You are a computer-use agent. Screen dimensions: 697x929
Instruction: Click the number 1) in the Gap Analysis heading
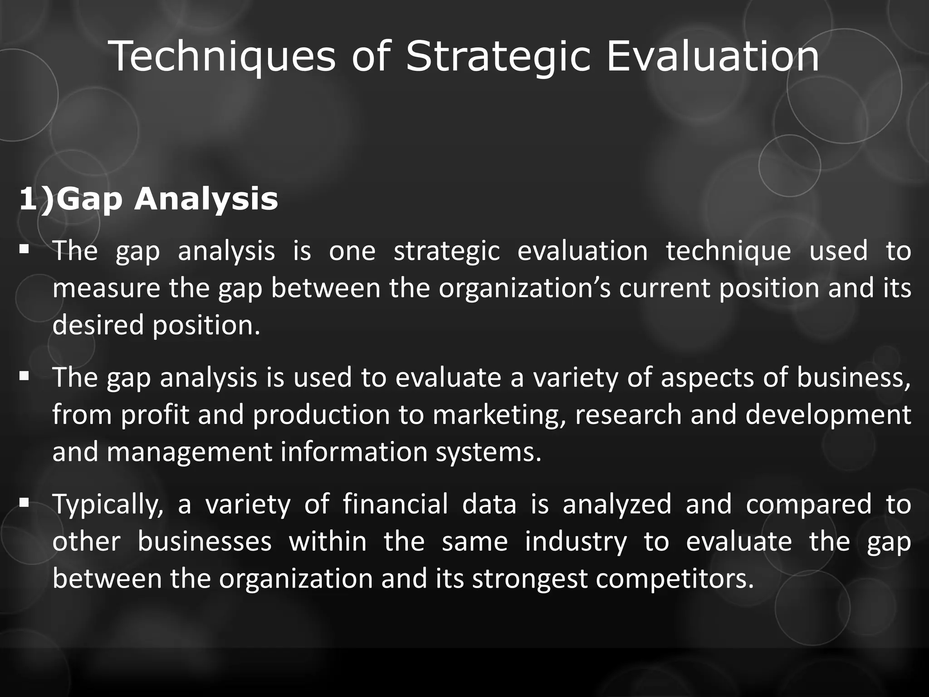click(36, 199)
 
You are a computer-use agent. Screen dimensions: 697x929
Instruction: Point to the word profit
click(155, 415)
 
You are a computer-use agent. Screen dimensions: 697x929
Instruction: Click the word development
click(828, 415)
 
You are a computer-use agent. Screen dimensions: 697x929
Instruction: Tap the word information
click(354, 452)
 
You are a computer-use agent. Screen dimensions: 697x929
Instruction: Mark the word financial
click(395, 505)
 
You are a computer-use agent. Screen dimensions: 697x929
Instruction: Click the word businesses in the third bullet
click(205, 542)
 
